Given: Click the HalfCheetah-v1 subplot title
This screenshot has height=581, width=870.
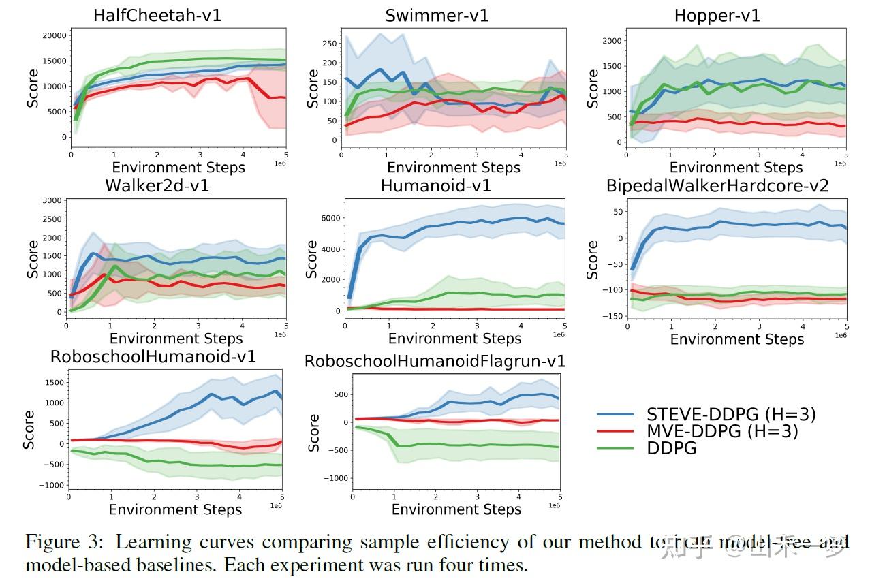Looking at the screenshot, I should coord(157,16).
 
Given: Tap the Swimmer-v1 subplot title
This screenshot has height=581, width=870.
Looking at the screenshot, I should coord(437,16).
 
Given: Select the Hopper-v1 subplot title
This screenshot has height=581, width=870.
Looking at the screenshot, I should coord(717,16).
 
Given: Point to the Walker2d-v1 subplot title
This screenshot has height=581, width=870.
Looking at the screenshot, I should coord(157,185).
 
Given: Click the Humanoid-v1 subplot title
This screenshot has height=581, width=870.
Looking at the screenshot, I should coord(435,185).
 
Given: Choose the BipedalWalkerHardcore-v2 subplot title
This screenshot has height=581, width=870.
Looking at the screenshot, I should coord(717,185).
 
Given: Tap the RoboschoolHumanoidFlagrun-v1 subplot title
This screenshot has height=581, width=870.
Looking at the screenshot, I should coord(435,361).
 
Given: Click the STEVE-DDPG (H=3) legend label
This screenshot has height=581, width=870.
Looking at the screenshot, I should coord(730,414).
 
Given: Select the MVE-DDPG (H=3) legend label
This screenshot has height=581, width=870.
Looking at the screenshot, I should coord(721,431).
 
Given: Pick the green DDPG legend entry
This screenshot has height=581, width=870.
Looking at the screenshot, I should coord(671,447).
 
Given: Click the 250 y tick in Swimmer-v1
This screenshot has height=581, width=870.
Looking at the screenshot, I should coord(330,43).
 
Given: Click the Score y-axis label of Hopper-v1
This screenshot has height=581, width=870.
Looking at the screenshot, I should coord(593,88).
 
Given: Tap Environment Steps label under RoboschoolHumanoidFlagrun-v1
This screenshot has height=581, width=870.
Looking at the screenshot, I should coord(456,509).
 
